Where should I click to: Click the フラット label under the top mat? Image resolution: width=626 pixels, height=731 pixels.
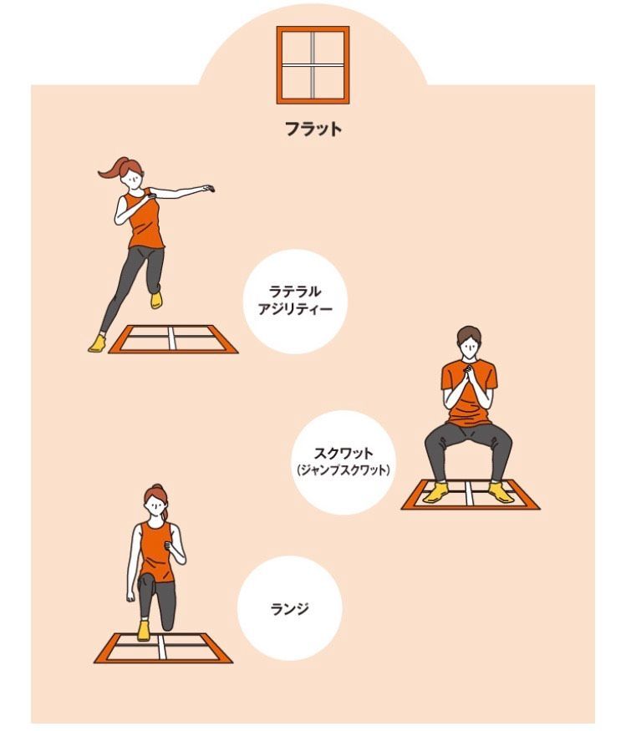coord(313,129)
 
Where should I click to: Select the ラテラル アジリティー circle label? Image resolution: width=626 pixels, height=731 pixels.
coord(295,301)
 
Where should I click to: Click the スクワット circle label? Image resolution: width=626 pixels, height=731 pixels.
coord(344,462)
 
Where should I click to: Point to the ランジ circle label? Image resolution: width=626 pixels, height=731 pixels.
coord(290,608)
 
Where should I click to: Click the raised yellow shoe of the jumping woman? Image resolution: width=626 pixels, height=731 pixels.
coord(156,300)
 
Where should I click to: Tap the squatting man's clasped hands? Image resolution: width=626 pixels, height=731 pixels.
coord(468,374)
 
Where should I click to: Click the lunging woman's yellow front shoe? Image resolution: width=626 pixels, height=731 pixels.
coord(143,630)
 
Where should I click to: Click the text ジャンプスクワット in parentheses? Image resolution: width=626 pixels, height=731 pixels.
coord(344,470)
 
